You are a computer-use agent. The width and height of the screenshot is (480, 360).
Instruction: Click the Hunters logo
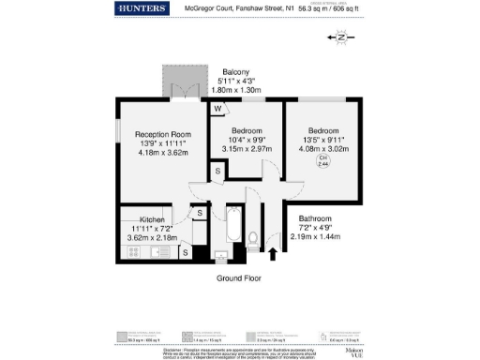142,8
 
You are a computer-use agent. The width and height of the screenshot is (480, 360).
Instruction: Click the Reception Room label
150,135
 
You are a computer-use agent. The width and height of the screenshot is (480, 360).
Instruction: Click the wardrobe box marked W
217,109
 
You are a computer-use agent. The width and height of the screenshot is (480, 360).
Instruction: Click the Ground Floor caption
237,278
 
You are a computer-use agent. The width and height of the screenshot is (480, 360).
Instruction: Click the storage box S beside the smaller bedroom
217,171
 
